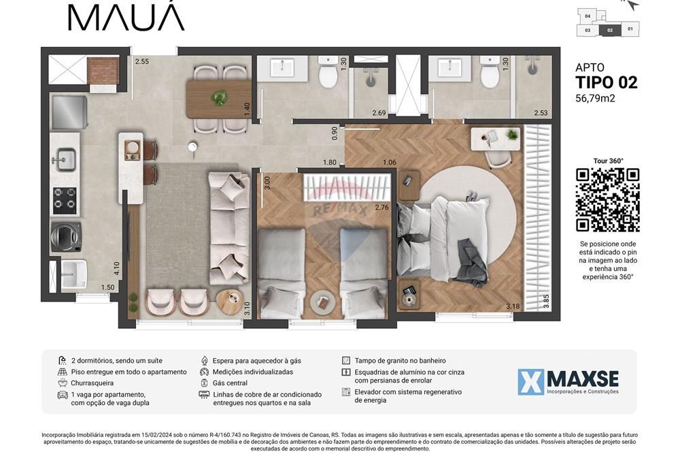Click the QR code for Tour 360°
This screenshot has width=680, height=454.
coord(607,199)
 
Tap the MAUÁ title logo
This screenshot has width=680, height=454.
coord(126,17)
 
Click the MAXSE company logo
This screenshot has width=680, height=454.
coord(568,382)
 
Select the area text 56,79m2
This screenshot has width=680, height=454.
coord(595,98)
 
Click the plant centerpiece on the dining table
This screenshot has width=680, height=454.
coord(219,98)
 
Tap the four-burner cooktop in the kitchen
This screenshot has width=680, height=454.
coord(65,200)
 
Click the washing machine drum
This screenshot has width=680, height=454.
coord(67,236)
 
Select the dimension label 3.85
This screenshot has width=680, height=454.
coord(547,301)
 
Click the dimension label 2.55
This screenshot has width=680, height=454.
coord(142,62)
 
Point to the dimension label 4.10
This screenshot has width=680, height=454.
coord(117,269)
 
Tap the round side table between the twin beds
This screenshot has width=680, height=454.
coord(322,300)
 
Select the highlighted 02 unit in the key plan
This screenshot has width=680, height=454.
coord(610,30)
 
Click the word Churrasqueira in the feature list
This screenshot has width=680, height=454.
coord(92,383)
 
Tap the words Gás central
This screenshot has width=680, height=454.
coord(230,383)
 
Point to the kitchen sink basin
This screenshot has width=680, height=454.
coord(66,161)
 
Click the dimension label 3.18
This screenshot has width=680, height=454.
coord(513,306)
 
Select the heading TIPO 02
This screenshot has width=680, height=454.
coord(606,82)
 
